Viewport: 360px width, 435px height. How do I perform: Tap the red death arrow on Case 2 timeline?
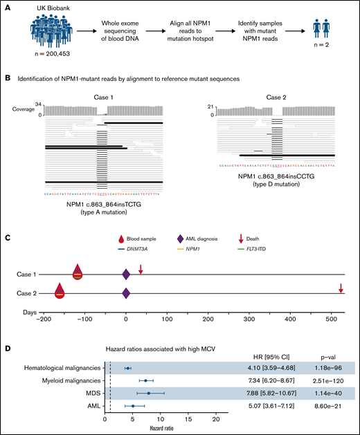341,288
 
